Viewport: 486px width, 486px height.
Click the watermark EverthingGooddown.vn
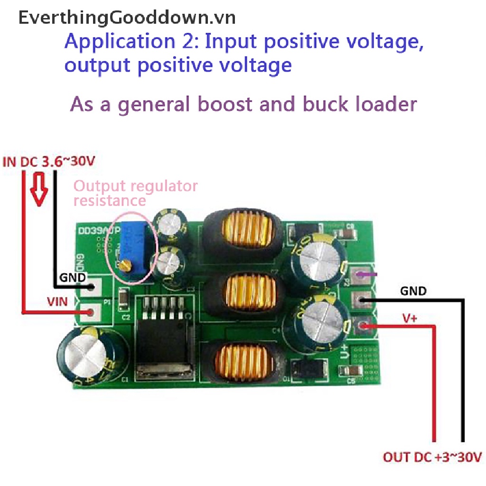click(x=127, y=18)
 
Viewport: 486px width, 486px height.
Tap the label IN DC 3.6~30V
click(x=50, y=162)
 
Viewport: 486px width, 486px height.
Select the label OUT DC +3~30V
click(x=432, y=458)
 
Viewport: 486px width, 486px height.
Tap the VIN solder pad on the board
click(x=92, y=311)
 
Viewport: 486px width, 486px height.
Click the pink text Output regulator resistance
click(x=136, y=193)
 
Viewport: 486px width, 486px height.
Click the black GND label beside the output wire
click(x=413, y=290)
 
